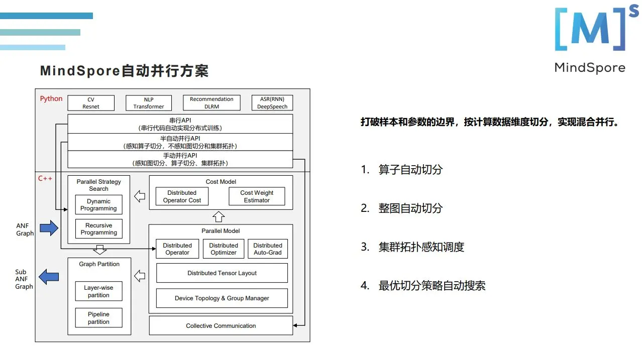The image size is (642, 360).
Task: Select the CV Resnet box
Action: [91, 103]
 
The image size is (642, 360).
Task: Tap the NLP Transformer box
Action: [149, 103]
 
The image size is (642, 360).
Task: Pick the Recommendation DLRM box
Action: [211, 103]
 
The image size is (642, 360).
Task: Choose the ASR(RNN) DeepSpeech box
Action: [272, 103]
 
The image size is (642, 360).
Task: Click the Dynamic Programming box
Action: [98, 205]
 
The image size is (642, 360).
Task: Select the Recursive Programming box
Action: [98, 229]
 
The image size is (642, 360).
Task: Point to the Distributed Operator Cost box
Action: [182, 196]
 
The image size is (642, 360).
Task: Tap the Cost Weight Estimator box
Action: [257, 196]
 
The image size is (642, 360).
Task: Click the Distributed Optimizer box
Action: [224, 249]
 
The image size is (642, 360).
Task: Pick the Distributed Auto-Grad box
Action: [268, 249]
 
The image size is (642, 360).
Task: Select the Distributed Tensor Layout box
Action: [222, 273]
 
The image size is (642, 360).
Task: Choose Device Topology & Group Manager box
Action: [222, 298]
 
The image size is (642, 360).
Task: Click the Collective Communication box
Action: [221, 326]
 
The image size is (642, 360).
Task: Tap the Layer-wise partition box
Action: [98, 292]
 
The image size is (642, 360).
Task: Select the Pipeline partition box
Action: [98, 318]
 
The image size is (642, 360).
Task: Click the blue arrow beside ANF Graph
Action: [49, 228]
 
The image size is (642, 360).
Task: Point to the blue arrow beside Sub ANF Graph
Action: [49, 277]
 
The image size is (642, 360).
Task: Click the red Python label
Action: [51, 98]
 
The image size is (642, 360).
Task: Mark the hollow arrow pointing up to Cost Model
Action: [219, 217]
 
